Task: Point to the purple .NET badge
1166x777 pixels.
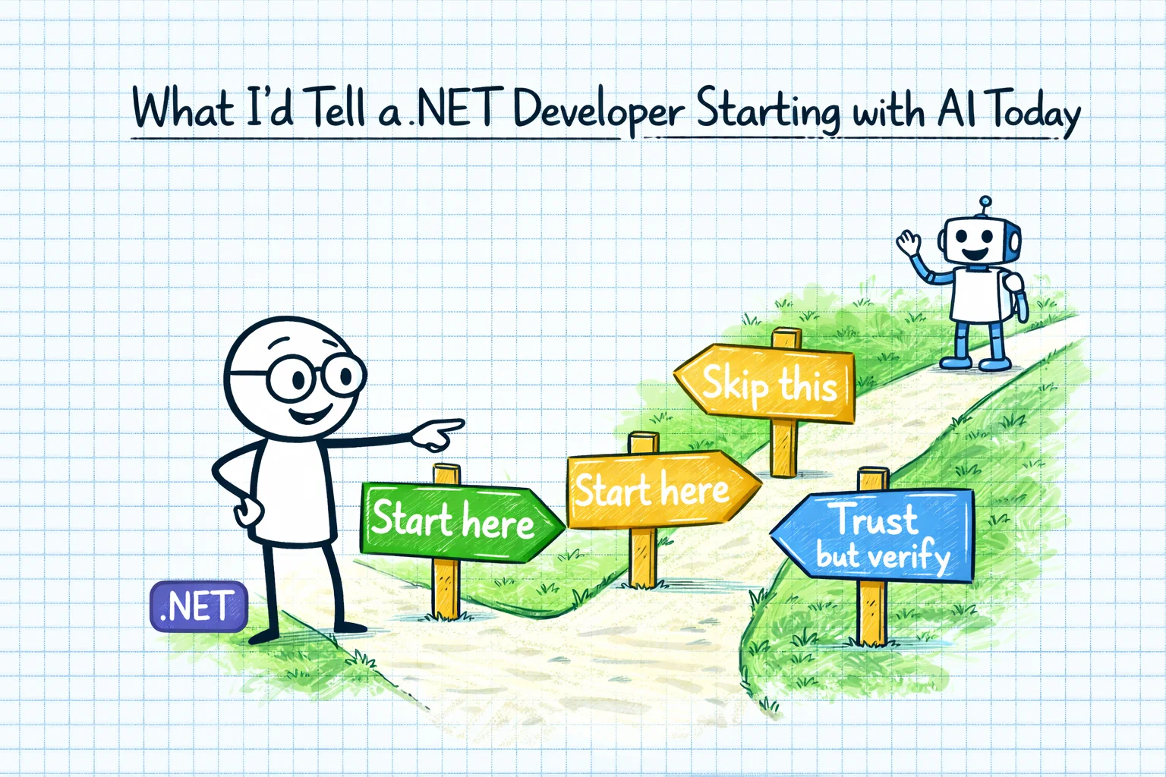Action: (199, 607)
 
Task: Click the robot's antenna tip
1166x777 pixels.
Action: (985, 202)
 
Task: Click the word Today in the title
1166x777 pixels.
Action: (1037, 114)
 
